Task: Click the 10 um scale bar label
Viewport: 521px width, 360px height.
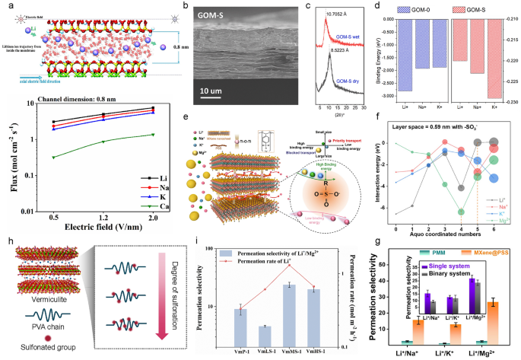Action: pyautogui.click(x=215, y=91)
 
